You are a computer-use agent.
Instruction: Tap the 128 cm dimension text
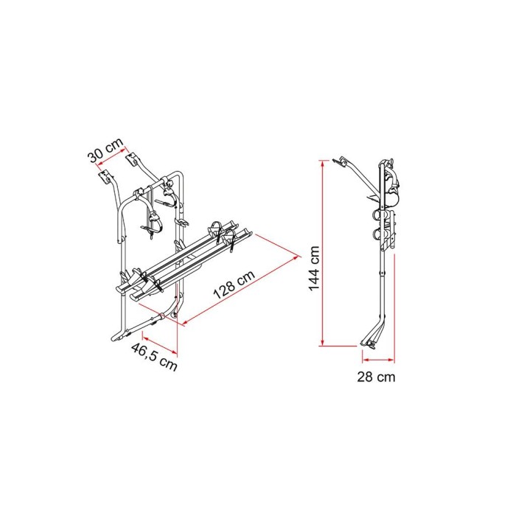pos(234,283)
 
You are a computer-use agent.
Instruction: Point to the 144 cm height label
pos(314,268)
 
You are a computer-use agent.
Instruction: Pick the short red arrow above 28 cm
pos(376,360)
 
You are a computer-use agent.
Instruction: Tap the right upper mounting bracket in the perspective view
pos(137,158)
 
